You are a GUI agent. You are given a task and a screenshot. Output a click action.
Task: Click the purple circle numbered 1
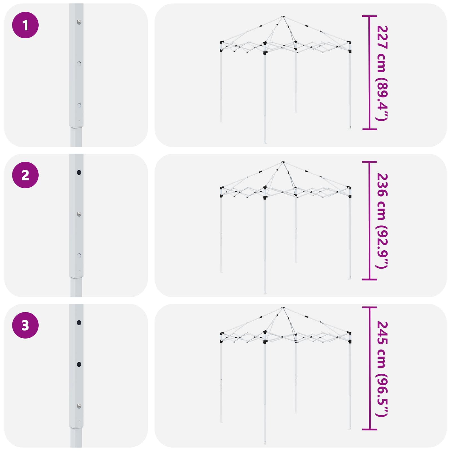[25, 25]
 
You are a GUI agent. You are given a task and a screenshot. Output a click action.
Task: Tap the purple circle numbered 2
[25, 175]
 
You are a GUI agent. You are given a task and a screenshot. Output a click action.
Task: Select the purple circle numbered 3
[25, 325]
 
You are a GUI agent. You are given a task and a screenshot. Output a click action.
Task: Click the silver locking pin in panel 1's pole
[79, 22]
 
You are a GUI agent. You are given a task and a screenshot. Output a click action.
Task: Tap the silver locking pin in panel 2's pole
[79, 214]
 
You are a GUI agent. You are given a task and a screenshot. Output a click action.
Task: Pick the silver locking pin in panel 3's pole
[79, 406]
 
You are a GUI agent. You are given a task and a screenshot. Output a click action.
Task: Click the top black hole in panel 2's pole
[79, 172]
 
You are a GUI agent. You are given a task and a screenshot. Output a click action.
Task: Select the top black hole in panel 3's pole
[79, 322]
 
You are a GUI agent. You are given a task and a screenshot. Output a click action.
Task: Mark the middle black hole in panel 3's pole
[79, 364]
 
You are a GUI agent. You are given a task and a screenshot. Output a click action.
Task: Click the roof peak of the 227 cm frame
[283, 17]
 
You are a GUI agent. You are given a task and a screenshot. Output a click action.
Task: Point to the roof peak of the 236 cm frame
[283, 162]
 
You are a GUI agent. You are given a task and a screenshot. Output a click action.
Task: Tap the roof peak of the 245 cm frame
[283, 308]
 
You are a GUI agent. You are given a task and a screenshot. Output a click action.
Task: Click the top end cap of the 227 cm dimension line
[369, 16]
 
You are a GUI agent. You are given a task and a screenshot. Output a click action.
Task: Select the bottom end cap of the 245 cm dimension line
[369, 430]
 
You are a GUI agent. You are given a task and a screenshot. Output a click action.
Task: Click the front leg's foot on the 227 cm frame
[265, 143]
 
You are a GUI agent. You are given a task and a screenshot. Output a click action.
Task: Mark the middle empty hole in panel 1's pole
[79, 64]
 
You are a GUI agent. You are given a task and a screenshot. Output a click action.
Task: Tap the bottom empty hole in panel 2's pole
[79, 256]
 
